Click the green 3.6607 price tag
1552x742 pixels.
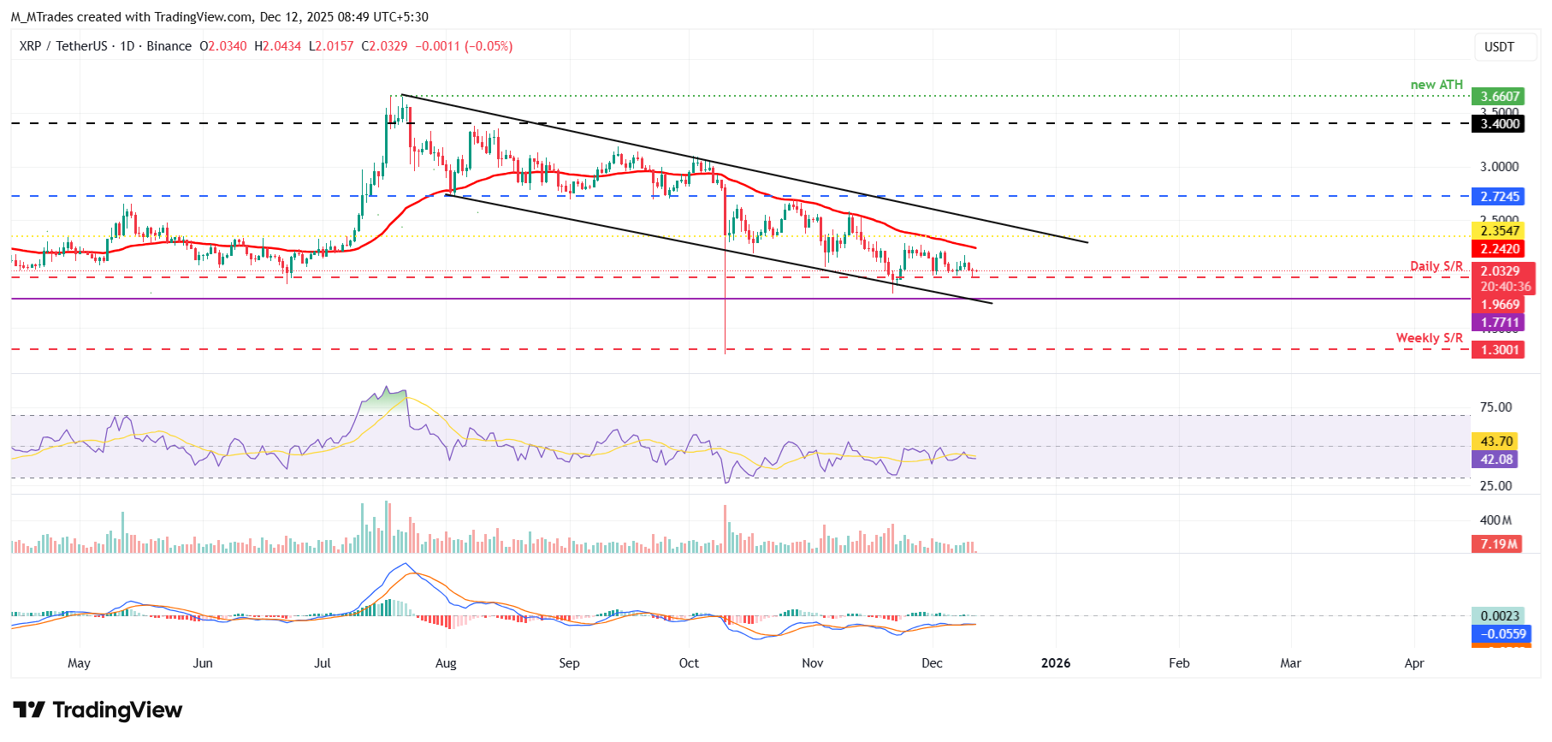(1500, 97)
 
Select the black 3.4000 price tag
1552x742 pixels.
(1500, 124)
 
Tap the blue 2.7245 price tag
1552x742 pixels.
(1500, 197)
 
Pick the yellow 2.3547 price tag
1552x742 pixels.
(1500, 230)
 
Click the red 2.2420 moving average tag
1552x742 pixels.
(1500, 249)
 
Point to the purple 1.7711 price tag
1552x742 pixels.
(1500, 323)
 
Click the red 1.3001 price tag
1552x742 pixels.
(1500, 350)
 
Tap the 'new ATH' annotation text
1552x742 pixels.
(1436, 85)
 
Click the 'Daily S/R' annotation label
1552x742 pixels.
(1436, 266)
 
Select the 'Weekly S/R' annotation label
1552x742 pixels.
(1429, 338)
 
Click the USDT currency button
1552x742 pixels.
(1499, 47)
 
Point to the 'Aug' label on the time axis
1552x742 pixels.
(446, 663)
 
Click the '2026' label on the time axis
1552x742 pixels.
(1056, 663)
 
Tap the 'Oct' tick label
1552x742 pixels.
(689, 663)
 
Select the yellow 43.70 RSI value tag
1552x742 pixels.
(1496, 442)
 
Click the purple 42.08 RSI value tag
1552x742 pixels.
(1496, 460)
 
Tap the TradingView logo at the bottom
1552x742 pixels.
(98, 710)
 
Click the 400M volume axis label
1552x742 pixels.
(1496, 520)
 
